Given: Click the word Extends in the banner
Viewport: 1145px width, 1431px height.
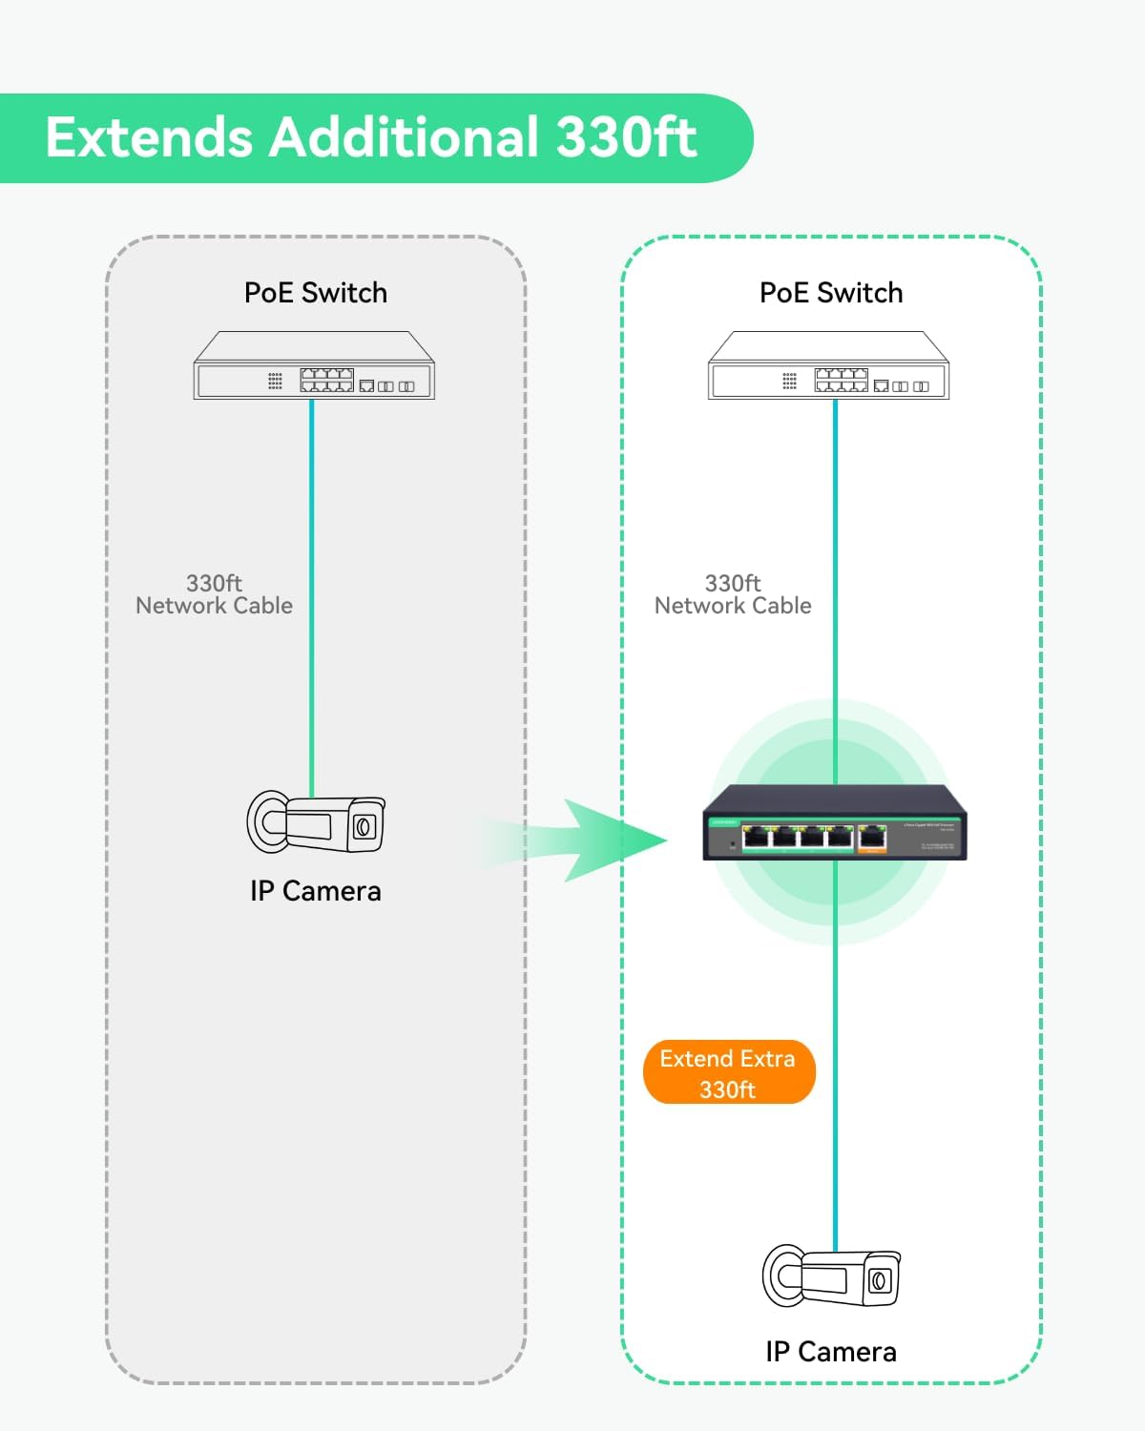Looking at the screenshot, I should click(149, 137).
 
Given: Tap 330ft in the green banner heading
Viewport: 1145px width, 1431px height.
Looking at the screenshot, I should click(626, 137).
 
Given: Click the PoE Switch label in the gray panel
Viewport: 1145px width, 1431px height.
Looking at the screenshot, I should click(316, 293).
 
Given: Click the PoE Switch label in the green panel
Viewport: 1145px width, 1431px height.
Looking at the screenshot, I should click(831, 293).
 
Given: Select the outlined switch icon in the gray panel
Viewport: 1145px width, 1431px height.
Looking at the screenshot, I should click(314, 366).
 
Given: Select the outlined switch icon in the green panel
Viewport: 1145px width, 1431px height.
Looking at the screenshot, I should click(828, 366).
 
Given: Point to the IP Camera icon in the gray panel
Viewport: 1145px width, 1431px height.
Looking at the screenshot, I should click(316, 822).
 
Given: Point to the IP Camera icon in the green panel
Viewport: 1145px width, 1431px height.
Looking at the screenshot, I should click(831, 1276).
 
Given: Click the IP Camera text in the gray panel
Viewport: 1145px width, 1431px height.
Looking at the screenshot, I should click(316, 891).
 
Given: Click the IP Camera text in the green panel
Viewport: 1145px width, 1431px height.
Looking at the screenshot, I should click(831, 1352).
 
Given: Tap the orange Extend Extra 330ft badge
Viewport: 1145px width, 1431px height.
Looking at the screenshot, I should click(729, 1072).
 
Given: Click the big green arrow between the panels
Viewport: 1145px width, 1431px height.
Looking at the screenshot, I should click(601, 840).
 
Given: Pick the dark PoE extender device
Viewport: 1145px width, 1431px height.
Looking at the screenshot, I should click(835, 822).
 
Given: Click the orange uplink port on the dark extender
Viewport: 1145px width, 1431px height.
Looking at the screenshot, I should click(872, 839).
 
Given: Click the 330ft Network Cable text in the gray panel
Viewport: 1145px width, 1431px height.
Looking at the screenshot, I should click(214, 594).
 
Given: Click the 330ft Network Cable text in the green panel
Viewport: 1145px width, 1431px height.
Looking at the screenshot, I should click(733, 594).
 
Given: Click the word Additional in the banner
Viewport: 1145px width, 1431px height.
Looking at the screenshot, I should click(404, 137).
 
